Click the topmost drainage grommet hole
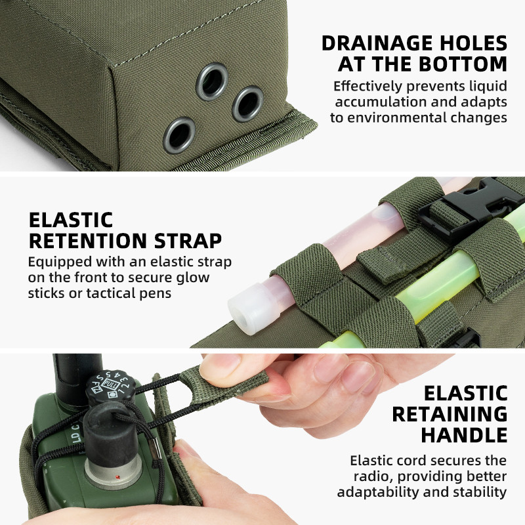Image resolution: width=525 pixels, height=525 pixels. click(x=212, y=81)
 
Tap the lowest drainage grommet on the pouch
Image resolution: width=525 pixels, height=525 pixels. click(x=179, y=135)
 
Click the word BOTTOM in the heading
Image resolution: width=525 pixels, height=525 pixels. click(x=463, y=64)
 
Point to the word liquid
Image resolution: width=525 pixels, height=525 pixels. click(x=488, y=87)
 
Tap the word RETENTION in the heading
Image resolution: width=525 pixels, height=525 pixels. click(x=88, y=241)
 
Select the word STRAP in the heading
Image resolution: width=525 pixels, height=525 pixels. click(x=188, y=241)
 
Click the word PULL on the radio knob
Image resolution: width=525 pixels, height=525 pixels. click(x=110, y=384)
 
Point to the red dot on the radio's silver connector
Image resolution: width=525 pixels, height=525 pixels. click(x=117, y=476)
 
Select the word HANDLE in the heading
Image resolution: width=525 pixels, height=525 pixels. click(x=464, y=435)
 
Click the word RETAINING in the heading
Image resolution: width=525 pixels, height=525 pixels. click(x=450, y=414)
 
